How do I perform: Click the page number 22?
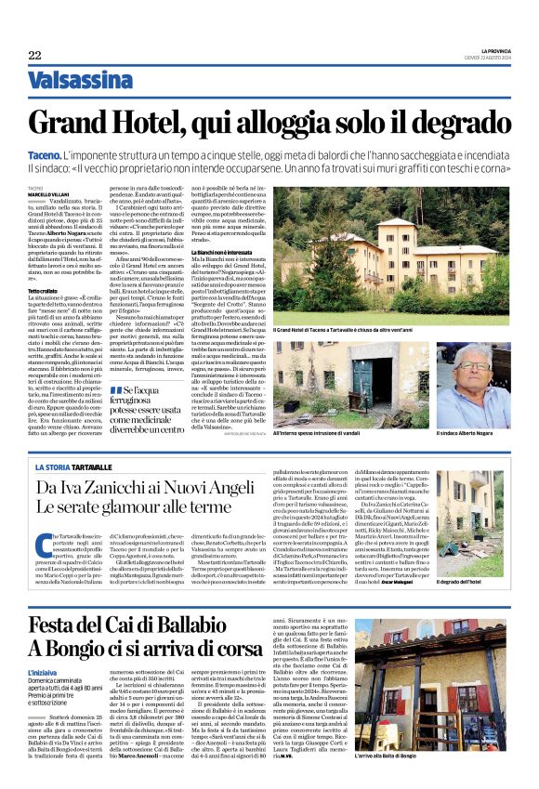point(34,56)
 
